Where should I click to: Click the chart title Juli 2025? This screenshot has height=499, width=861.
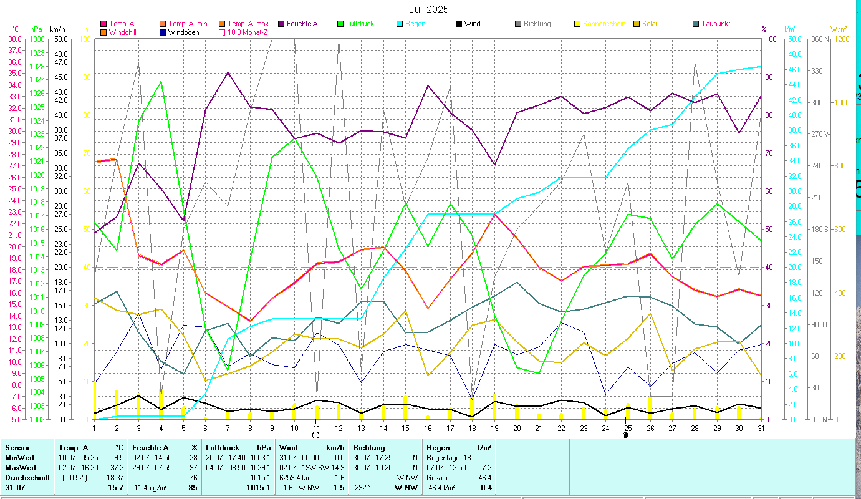[x=428, y=9]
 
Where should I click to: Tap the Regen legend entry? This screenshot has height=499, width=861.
[x=416, y=24]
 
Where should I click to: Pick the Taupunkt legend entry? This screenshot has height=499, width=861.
[x=715, y=24]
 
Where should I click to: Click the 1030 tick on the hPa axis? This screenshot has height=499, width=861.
[x=37, y=39]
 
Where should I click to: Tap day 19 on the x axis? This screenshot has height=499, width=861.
[x=494, y=427]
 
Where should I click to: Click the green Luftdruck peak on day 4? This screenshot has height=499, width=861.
[x=161, y=82]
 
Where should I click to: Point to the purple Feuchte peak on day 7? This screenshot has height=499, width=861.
[x=228, y=73]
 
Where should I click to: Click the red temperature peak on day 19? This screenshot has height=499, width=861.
[x=494, y=215]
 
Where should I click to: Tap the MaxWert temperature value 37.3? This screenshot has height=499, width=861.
[x=116, y=467]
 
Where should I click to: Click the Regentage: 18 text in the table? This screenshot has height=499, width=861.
[x=449, y=457]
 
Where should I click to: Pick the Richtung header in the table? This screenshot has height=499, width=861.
[x=369, y=447]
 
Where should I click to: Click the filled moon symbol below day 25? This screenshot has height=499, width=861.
[x=626, y=435]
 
